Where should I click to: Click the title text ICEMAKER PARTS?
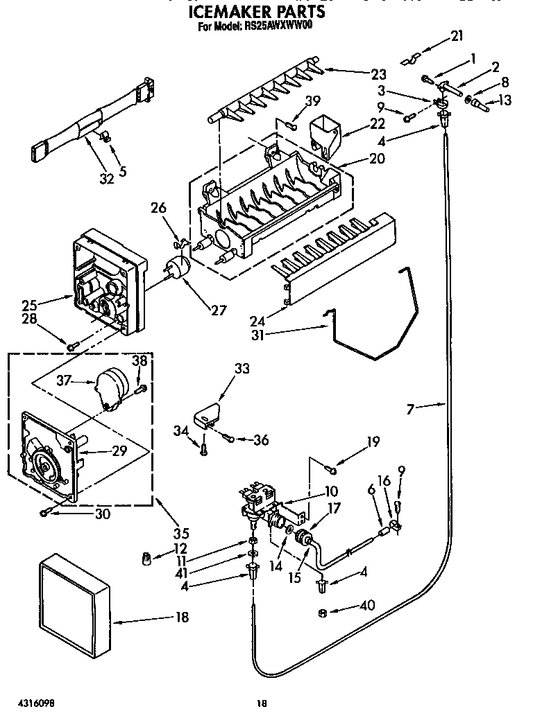257,12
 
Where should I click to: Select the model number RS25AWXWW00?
284,27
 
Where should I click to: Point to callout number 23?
378,73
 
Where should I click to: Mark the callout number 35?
180,533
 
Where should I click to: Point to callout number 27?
218,310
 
